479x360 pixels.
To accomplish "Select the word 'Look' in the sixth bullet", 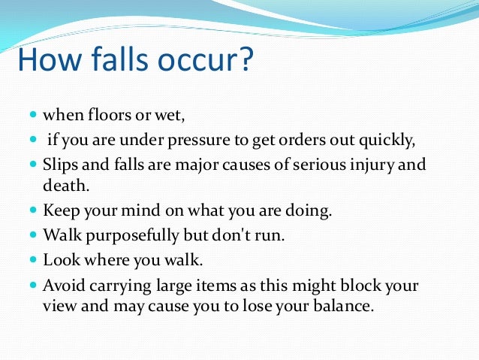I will tap(59, 260).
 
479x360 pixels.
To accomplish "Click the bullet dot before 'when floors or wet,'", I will tap(32, 117).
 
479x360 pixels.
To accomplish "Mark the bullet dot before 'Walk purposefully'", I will tap(32, 236).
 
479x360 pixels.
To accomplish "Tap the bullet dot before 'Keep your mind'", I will tap(32, 211).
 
